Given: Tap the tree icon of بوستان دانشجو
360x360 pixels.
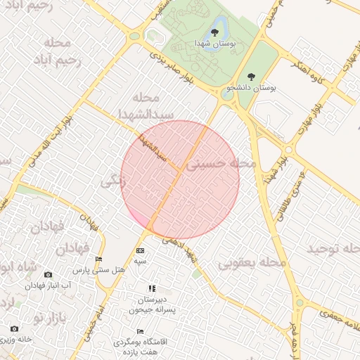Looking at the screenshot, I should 251,76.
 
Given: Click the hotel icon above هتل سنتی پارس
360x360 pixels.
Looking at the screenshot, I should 98,259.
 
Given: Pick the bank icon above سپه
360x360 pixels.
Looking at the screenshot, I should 141,251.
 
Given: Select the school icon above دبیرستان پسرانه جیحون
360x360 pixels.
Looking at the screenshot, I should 151,288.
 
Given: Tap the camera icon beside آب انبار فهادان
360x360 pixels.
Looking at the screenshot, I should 48,275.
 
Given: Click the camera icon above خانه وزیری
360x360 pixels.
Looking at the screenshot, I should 14,329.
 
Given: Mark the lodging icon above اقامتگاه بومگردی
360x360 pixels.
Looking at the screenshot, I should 140,332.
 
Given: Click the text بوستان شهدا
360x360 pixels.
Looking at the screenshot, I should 217,44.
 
